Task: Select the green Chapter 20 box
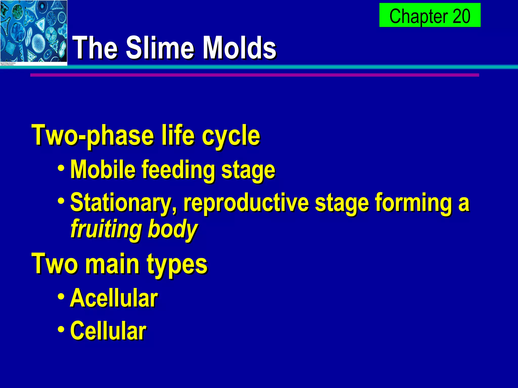pyautogui.click(x=430, y=15)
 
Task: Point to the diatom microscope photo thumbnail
pyautogui.click(x=33, y=32)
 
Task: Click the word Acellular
pyautogui.click(x=114, y=298)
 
